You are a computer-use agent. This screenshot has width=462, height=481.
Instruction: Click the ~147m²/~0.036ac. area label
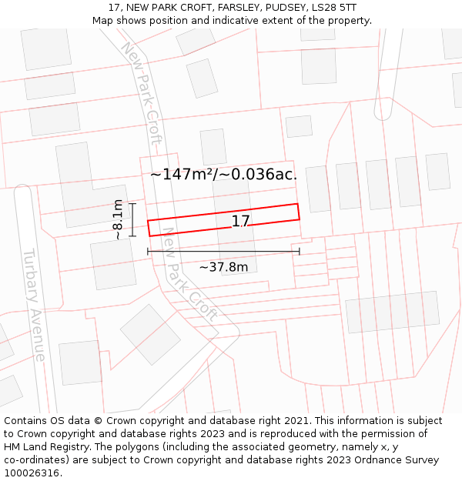tap(223, 175)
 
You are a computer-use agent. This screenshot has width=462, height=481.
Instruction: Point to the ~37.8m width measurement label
tap(223, 267)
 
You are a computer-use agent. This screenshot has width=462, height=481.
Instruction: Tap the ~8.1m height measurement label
tap(118, 220)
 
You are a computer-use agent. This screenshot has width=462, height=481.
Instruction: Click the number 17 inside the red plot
tap(241, 222)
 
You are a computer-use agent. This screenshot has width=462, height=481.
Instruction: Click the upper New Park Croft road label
tap(143, 92)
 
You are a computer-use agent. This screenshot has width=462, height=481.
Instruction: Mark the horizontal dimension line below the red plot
tap(223, 252)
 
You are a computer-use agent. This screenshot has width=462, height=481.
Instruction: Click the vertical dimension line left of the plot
tap(132, 220)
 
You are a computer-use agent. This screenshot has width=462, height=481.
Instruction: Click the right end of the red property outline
tap(298, 212)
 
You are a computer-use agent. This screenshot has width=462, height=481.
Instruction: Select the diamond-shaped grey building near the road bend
tap(149, 334)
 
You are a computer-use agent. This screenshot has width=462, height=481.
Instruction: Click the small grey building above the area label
tap(213, 146)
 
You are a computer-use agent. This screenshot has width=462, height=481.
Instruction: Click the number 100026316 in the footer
tap(32, 473)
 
